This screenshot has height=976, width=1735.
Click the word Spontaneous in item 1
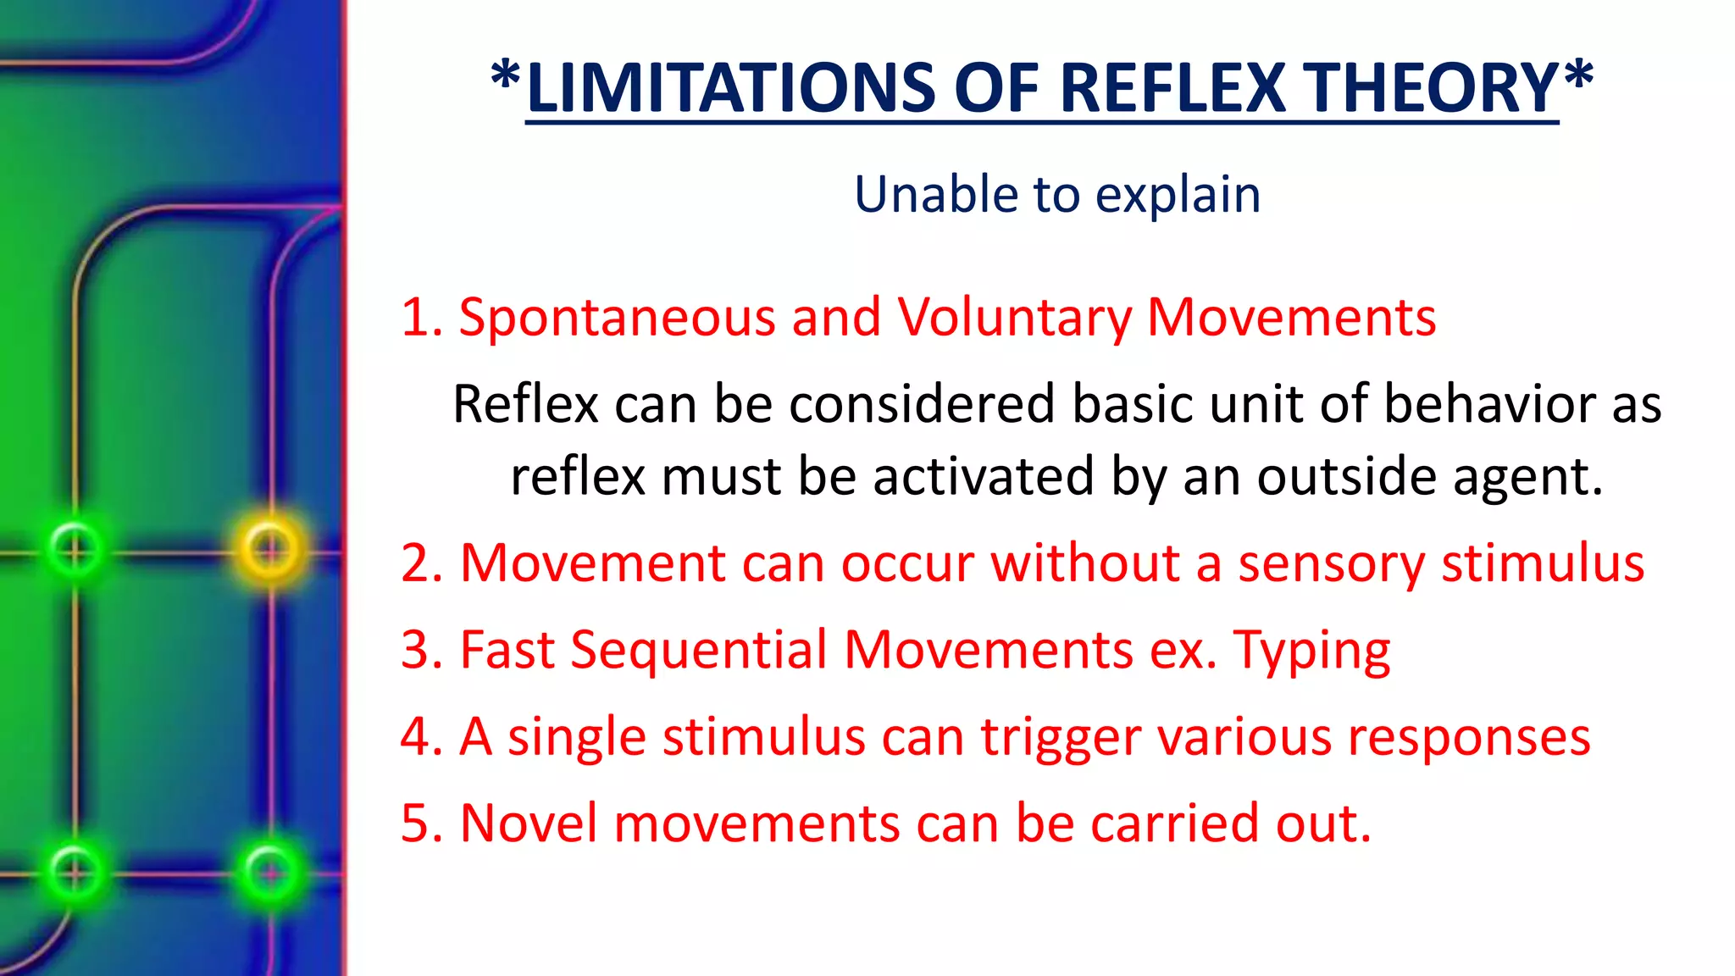coord(617,318)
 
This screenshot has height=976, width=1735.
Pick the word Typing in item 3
coord(1311,651)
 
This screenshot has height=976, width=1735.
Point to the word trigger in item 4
coord(1061,737)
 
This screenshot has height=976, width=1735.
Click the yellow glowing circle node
coord(270,548)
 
